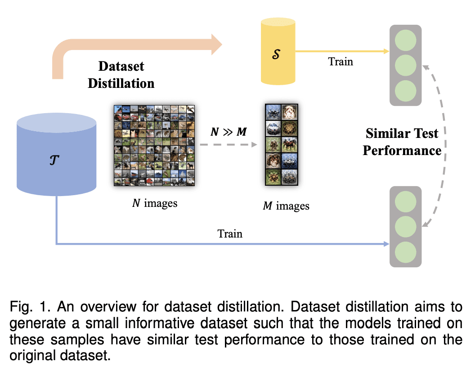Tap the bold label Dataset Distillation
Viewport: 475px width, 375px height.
pyautogui.click(x=121, y=75)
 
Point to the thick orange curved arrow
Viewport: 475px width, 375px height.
pyautogui.click(x=135, y=45)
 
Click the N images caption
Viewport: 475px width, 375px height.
pyautogui.click(x=154, y=203)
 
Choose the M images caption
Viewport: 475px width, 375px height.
pyautogui.click(x=286, y=206)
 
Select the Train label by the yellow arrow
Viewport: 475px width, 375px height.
pyautogui.click(x=341, y=61)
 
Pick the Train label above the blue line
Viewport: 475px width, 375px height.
pyautogui.click(x=230, y=234)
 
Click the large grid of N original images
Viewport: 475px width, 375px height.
pyautogui.click(x=154, y=145)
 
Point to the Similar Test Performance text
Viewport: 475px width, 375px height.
pyautogui.click(x=402, y=142)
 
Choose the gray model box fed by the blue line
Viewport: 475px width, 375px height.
pyautogui.click(x=406, y=226)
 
